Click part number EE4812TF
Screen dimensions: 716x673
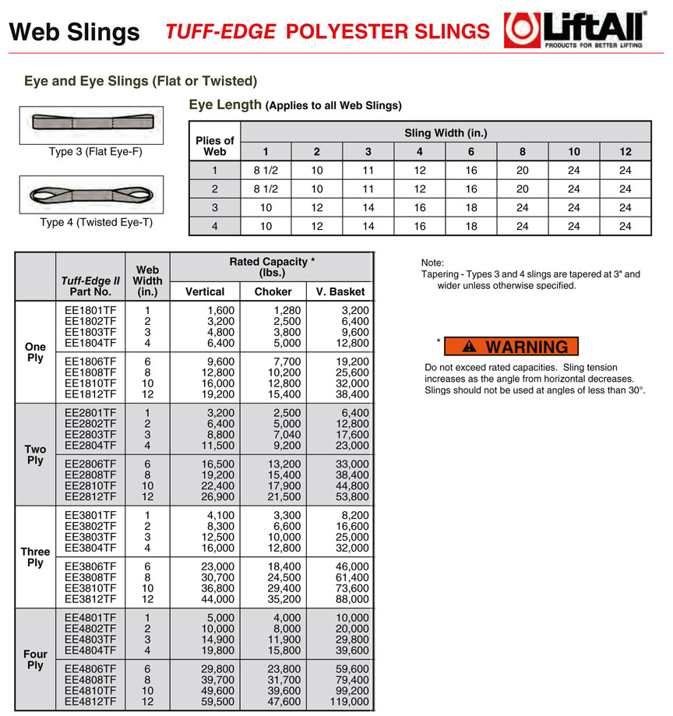(90, 701)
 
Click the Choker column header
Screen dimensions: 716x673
(273, 291)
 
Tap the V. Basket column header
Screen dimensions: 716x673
(340, 291)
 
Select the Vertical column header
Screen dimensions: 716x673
(204, 291)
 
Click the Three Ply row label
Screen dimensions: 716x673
(35, 556)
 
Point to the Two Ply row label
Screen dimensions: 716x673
(35, 454)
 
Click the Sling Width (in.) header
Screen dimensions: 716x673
(446, 132)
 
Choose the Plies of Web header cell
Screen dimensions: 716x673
(214, 146)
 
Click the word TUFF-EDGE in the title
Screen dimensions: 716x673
(220, 31)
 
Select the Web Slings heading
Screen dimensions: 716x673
(74, 32)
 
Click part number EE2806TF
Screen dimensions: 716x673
(90, 464)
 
